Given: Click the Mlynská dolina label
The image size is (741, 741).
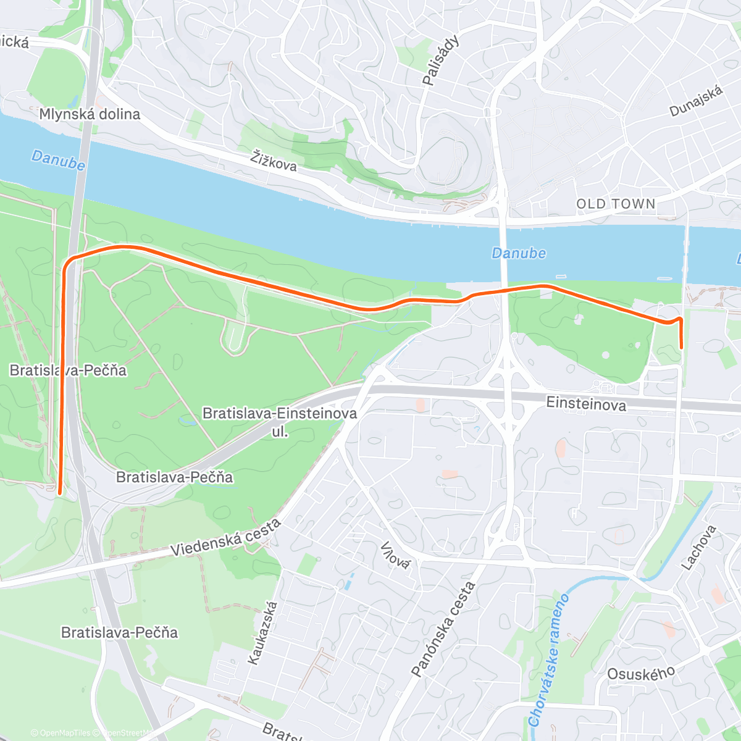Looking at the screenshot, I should (90, 114).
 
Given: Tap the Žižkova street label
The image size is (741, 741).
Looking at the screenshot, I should (274, 161).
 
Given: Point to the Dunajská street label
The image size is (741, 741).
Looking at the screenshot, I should (696, 101).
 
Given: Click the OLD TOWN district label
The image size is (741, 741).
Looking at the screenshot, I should (616, 204).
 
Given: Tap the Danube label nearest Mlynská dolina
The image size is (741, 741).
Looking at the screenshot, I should (58, 159).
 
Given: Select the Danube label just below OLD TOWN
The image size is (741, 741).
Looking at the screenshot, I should (519, 253).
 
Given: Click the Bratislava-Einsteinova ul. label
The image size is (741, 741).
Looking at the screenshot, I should (280, 422).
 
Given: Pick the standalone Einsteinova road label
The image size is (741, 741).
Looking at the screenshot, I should (586, 404).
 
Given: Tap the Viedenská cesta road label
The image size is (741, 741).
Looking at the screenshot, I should (226, 538).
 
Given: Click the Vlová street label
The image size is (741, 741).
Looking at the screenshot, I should (395, 555).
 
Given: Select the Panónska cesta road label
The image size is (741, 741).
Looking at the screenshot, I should (443, 629).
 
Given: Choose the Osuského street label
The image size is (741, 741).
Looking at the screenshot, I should (641, 674).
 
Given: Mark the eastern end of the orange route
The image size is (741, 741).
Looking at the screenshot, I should (681, 348).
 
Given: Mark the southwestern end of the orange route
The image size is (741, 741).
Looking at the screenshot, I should (59, 493).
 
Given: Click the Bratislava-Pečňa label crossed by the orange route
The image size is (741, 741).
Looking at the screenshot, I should (68, 371).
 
